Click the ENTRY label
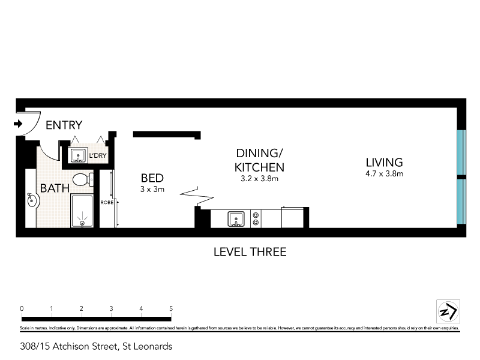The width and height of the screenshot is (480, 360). pos(64,125)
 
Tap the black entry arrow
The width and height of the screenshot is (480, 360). pos(18,125)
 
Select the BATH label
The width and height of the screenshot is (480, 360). pos(55,188)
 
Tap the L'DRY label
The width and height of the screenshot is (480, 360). pos(98,156)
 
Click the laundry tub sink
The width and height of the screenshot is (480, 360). pos(78,155)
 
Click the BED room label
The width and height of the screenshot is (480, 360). pos(152,178)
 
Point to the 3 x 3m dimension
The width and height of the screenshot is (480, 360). pos(152,189)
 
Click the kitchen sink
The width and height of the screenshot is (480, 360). pos(235,219)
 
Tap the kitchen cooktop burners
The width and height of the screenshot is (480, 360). pos(256,218)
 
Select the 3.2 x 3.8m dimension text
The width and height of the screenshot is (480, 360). pos(259,179)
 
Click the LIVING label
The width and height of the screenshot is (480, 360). pos(384,162)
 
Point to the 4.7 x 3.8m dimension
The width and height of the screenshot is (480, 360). pos(384,174)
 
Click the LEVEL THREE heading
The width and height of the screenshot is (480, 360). pos(250,252)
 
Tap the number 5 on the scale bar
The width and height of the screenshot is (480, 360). pos(172,308)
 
